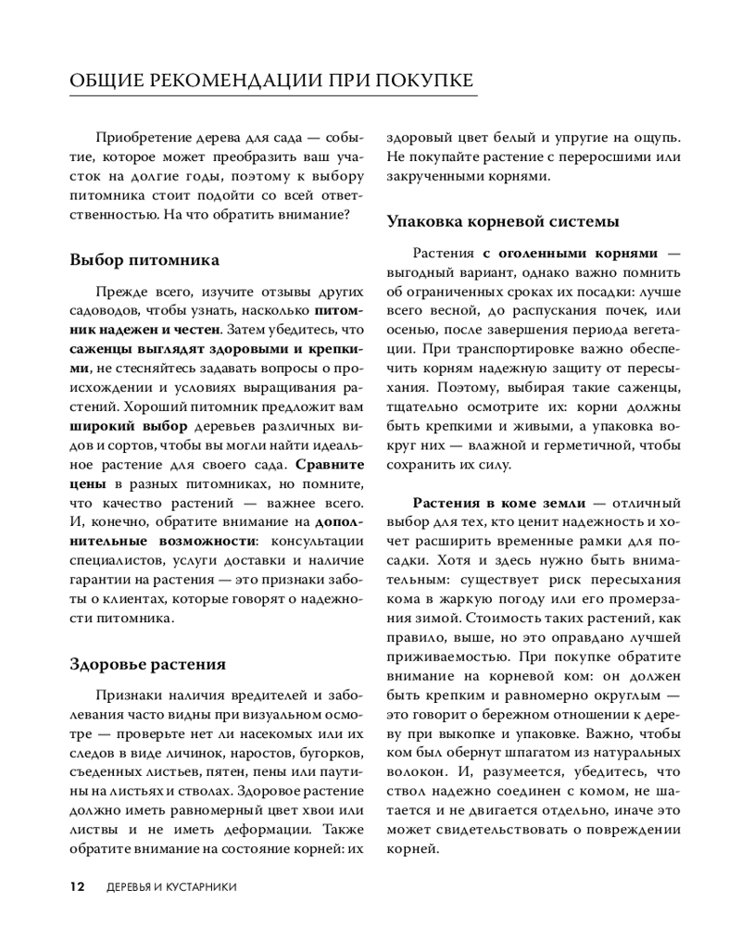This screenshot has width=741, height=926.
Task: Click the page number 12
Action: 78,886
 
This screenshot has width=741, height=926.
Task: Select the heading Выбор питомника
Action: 144,259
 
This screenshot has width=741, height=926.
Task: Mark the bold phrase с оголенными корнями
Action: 570,253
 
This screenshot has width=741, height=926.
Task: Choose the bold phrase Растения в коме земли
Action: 499,503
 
